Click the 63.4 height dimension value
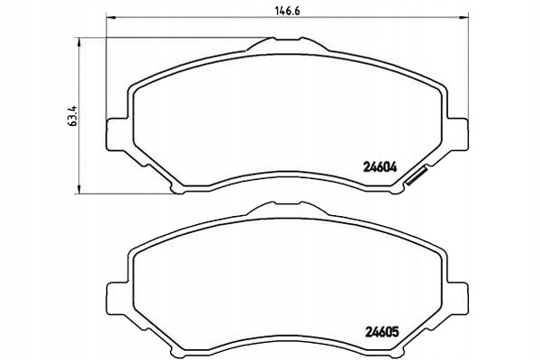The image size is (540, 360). (72, 118)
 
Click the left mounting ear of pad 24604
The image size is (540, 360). (114, 132)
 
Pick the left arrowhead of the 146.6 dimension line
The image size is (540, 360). (110, 17)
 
